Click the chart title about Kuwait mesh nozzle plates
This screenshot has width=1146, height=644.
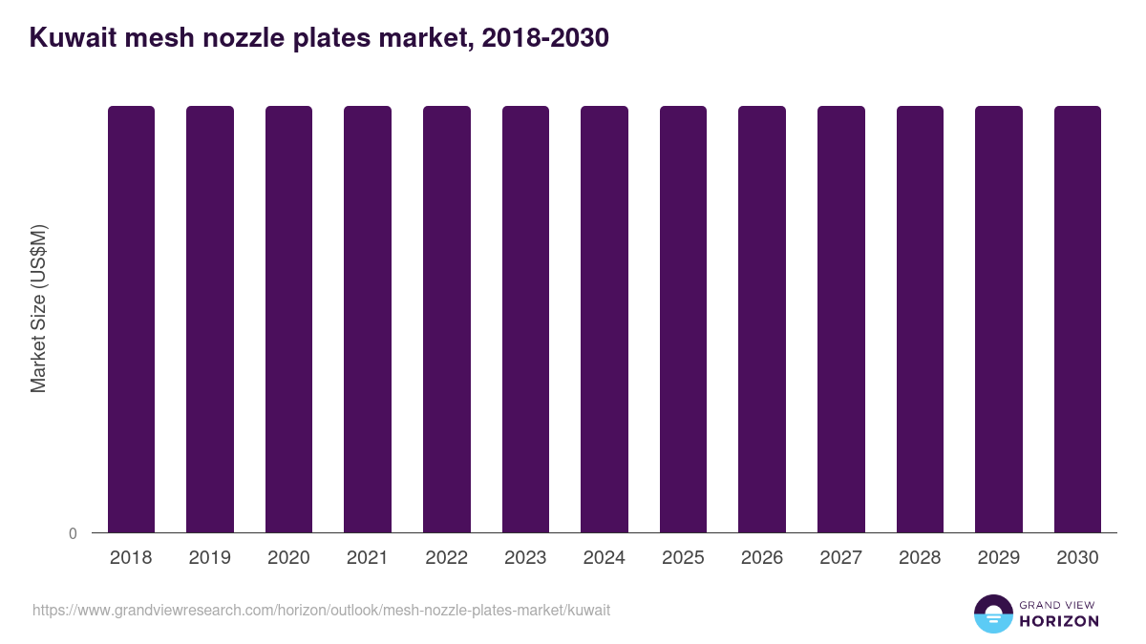pos(319,38)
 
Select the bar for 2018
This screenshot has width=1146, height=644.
pos(131,319)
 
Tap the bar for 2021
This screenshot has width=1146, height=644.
pos(368,319)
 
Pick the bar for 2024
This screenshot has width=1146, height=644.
pos(605,319)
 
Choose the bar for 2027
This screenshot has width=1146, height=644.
pos(841,319)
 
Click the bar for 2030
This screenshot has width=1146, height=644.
pos(1077,319)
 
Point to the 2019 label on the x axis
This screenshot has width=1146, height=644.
pos(209,558)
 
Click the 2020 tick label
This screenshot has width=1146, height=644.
pos(288,558)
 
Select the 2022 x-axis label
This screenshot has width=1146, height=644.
pos(446,558)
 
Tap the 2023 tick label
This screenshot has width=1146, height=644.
pos(525,558)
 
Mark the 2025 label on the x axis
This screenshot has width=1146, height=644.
pos(683,558)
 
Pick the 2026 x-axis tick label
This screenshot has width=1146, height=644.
pos(762,558)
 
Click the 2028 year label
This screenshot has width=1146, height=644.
pos(920,558)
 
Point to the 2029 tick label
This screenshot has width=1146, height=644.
pos(999,558)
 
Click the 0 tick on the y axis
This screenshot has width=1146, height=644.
pos(74,533)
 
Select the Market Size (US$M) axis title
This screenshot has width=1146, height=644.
pos(38,309)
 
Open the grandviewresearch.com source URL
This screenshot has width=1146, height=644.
pos(321,610)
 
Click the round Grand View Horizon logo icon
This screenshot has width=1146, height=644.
pos(992,613)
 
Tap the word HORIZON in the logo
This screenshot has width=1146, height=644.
pos(1059,621)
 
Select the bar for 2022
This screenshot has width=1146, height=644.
pos(447,319)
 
